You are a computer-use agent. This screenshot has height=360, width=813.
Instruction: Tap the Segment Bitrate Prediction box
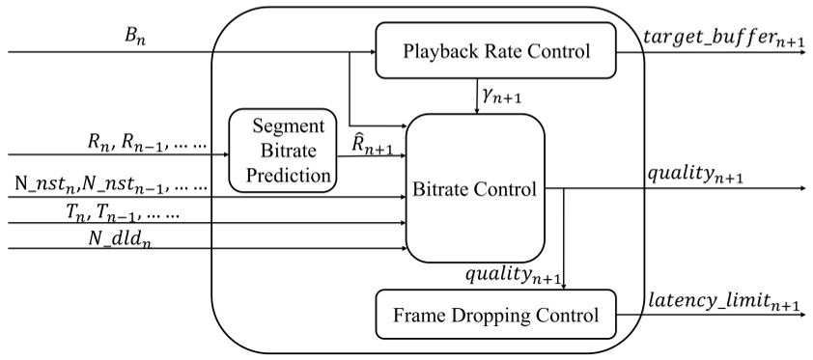[281, 151]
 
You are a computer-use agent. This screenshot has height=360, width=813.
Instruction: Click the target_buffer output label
[723, 39]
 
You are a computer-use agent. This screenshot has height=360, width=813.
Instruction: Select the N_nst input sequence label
[111, 182]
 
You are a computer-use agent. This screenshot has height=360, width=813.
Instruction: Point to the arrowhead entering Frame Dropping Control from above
[564, 285]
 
